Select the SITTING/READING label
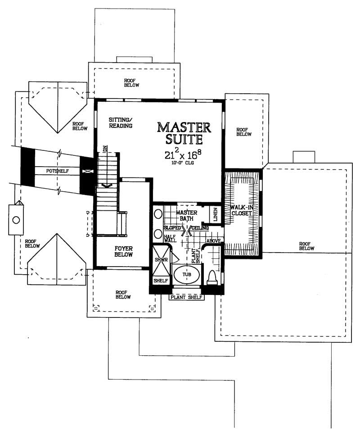(120, 122)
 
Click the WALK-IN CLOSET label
(243, 211)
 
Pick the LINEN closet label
(215, 214)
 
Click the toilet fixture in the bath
(212, 277)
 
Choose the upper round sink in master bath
(158, 213)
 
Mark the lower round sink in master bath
(158, 234)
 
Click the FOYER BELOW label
(123, 251)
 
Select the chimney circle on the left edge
(16, 220)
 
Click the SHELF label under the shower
(161, 281)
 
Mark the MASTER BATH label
(185, 215)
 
